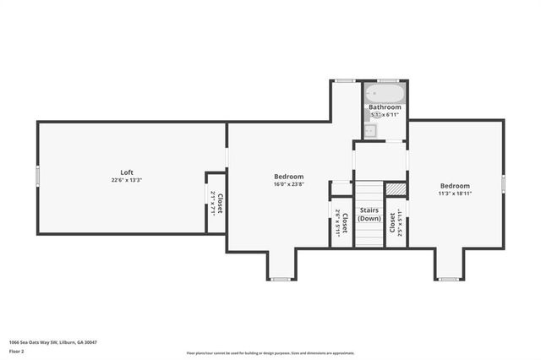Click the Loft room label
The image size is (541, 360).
[x=127, y=172]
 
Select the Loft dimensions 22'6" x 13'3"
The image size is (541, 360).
[x=127, y=180]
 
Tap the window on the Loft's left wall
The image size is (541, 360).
[x=37, y=176]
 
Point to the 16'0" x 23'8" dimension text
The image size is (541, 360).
[x=288, y=184]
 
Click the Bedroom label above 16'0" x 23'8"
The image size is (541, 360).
[x=288, y=177]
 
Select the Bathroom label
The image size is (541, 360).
[x=384, y=107]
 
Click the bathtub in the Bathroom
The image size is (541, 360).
[x=385, y=92]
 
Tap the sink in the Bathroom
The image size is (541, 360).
[x=369, y=131]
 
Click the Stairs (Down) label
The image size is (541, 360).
[x=369, y=214]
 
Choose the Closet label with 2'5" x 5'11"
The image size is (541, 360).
[x=392, y=222]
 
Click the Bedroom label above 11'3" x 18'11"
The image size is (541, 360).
[x=455, y=186]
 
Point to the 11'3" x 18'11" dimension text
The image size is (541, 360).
[x=455, y=194]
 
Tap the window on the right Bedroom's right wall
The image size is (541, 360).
[x=503, y=183]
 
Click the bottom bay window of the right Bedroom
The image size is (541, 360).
[x=448, y=279]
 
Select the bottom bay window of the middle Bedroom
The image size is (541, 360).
[x=281, y=279]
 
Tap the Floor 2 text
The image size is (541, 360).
[x=17, y=350]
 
